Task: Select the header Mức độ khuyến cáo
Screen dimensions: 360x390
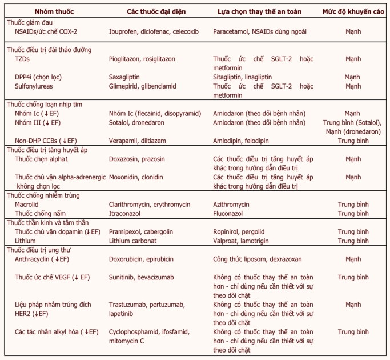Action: [352, 11]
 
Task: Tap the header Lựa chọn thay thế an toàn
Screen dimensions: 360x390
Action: [260, 11]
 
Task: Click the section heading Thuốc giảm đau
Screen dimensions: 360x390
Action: [30, 22]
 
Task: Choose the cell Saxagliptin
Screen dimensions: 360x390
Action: [124, 77]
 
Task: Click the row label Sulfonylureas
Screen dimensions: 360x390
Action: [35, 86]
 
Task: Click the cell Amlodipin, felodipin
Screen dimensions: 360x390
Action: [247, 141]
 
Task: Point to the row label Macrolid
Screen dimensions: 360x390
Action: [27, 204]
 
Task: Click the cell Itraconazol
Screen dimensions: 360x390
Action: [127, 213]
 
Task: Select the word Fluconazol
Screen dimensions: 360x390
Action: [231, 213]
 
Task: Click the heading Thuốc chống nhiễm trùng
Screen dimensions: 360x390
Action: [43, 195]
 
